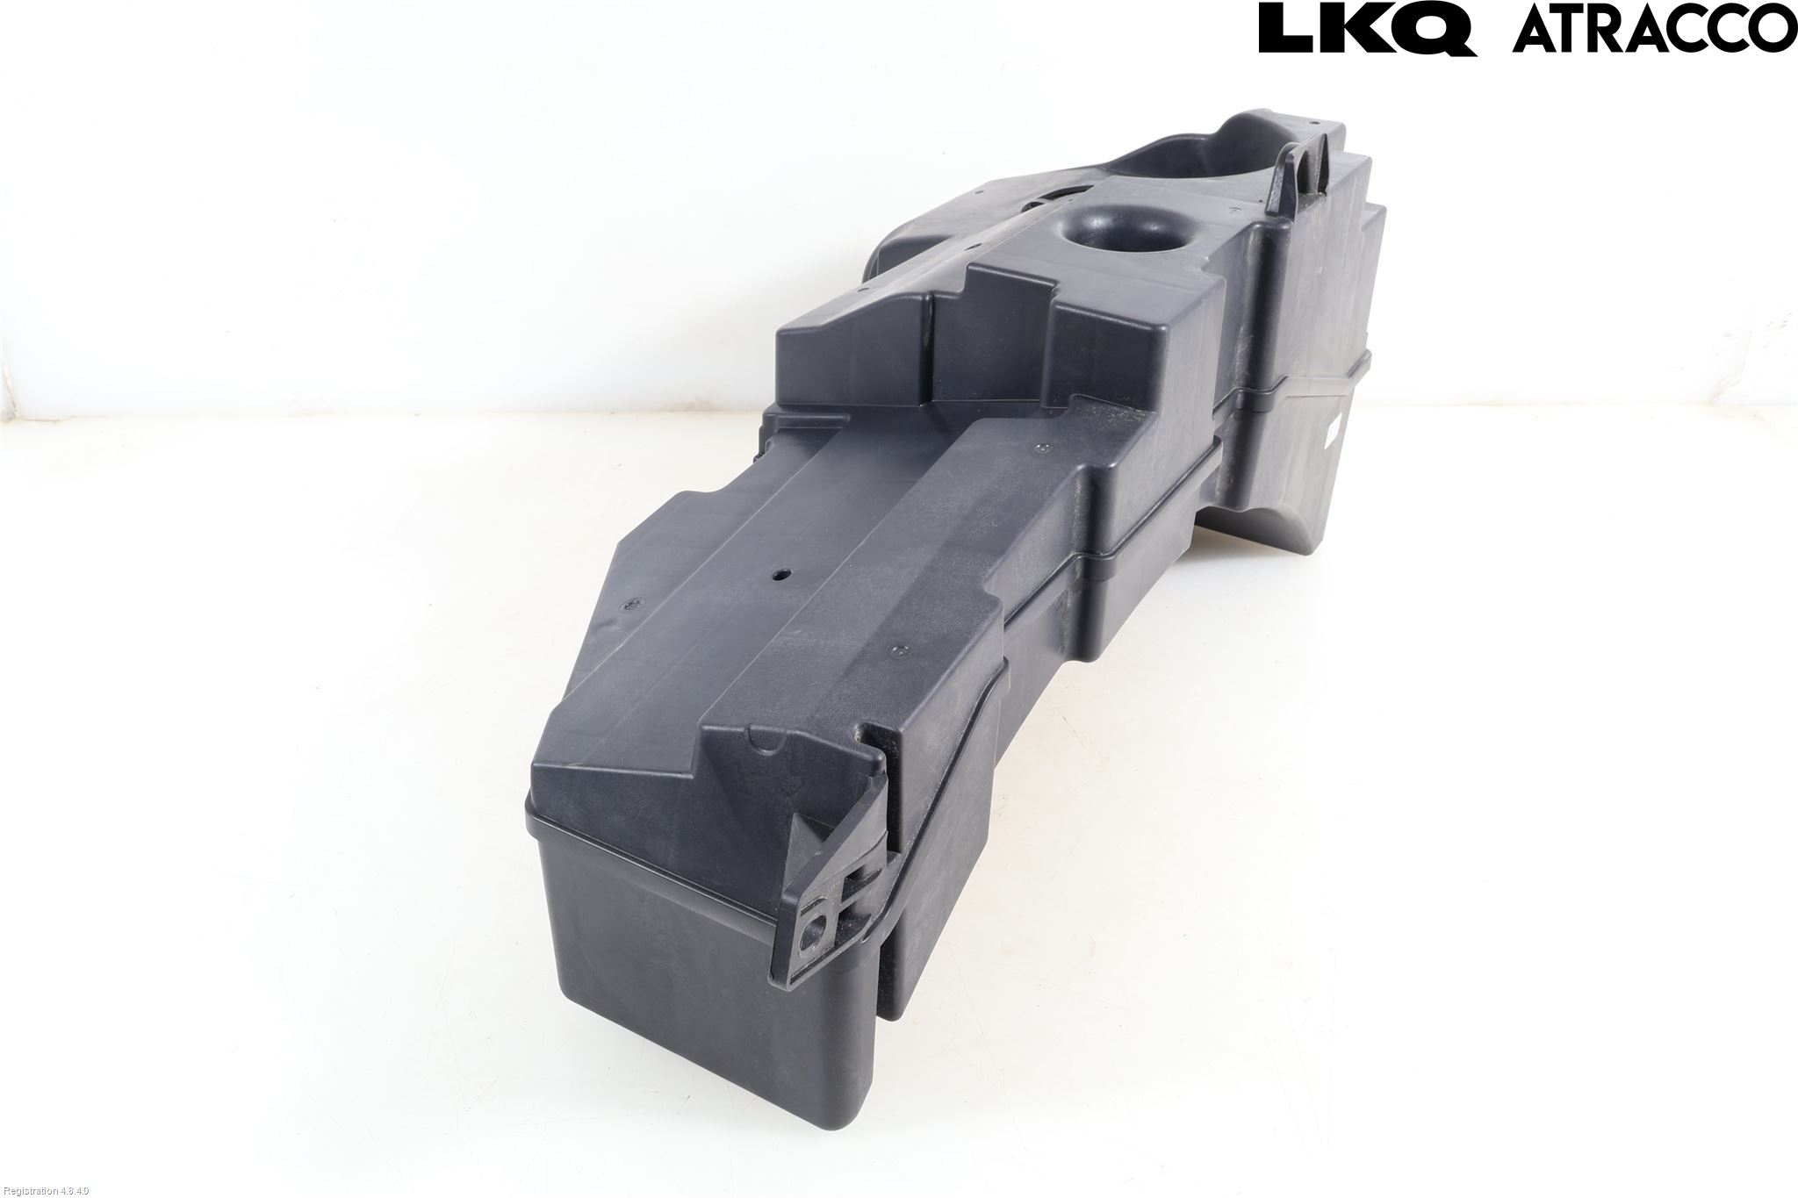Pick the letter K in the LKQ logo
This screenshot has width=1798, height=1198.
(x=1356, y=29)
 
